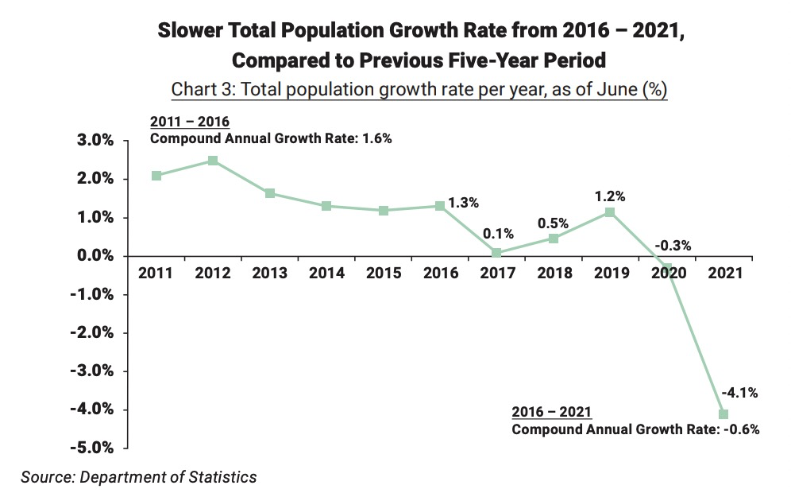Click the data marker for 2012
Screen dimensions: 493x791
(x=213, y=161)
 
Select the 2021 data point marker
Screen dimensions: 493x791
(x=723, y=413)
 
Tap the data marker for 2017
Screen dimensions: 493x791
(x=496, y=253)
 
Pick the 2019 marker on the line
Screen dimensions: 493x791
(x=609, y=212)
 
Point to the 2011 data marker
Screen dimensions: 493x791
(x=156, y=176)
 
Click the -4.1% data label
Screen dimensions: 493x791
(x=739, y=391)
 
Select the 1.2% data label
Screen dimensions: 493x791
(x=610, y=196)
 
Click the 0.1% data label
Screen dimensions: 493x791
(x=499, y=234)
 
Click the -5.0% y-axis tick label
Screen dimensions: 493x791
(x=95, y=448)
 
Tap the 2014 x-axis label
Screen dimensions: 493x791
(x=326, y=274)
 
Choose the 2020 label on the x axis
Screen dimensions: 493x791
(x=667, y=274)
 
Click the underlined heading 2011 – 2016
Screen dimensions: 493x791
(x=190, y=122)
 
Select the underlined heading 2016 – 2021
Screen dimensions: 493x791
(x=551, y=412)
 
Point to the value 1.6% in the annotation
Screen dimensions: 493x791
(x=378, y=138)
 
